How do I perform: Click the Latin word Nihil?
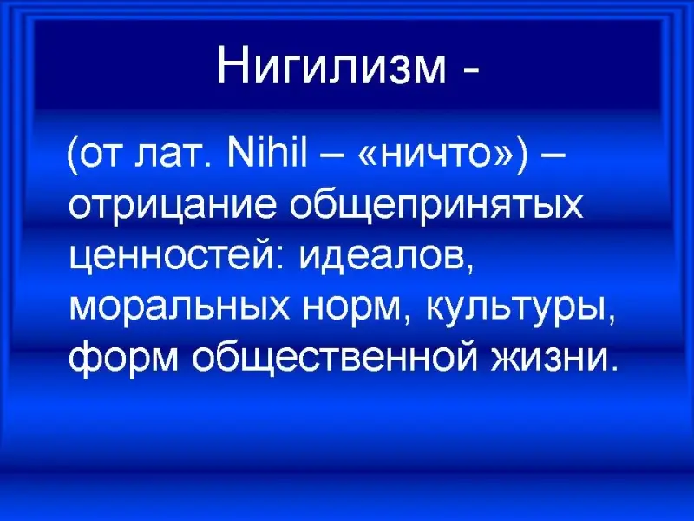pos(267,155)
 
